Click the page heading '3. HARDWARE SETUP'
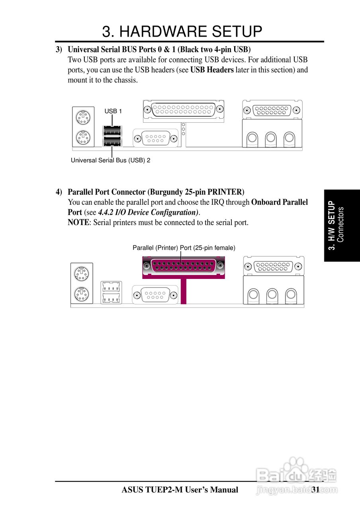click(182, 31)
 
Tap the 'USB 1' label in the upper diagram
click(113, 111)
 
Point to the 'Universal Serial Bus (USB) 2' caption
click(110, 160)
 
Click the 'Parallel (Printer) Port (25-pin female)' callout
click(184, 248)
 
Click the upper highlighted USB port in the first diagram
click(112, 130)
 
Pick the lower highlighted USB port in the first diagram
click(112, 141)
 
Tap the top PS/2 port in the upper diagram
click(83, 118)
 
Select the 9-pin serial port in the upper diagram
click(156, 139)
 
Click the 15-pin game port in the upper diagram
click(272, 110)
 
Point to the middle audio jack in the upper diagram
click(271, 138)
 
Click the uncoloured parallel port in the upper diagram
click(183, 109)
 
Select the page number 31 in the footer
click(316, 490)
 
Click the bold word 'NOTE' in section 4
click(78, 223)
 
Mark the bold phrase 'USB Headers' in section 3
click(212, 70)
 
